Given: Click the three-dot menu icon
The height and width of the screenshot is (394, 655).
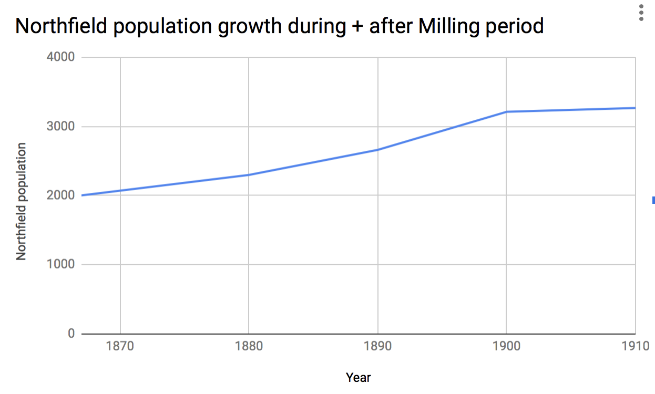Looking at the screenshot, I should [641, 13].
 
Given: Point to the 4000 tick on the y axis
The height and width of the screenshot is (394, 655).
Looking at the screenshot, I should [61, 57].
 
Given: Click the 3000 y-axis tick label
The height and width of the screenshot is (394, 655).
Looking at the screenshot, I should [61, 126].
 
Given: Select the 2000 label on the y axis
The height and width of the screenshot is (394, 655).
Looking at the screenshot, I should [61, 195].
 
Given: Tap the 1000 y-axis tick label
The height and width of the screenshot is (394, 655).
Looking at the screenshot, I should [61, 265].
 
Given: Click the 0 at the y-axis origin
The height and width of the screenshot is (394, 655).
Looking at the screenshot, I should [71, 334].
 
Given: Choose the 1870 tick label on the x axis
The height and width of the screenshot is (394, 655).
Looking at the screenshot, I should [120, 346].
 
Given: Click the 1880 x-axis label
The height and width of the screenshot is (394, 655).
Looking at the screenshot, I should [249, 346].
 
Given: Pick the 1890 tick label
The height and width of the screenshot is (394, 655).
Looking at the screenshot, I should [377, 346].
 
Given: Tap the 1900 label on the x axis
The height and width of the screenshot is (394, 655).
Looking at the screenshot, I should [506, 346].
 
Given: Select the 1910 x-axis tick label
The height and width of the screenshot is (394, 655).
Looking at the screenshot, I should [635, 346].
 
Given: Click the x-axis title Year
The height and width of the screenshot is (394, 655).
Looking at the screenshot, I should [359, 377].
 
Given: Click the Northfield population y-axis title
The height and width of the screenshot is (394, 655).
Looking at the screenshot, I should [21, 202].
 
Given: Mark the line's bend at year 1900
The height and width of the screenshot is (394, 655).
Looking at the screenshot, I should [506, 111].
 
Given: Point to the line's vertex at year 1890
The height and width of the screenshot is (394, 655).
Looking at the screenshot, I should [377, 150].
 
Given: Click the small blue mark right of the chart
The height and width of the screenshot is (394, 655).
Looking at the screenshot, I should [653, 200].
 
